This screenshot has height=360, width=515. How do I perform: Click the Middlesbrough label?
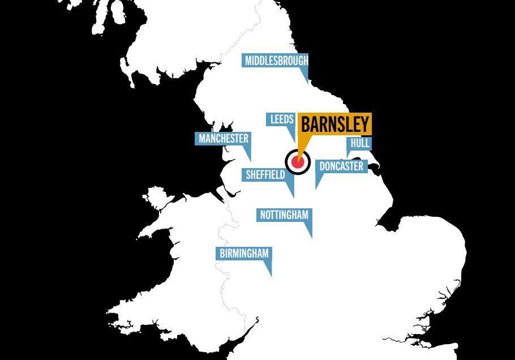(276, 61)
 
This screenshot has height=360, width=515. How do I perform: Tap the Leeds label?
(281, 119)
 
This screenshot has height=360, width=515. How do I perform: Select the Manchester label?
(223, 139)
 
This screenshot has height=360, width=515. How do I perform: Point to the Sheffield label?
(265, 175)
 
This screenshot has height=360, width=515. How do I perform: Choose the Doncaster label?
(341, 166)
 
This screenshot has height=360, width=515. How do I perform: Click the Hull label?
(360, 143)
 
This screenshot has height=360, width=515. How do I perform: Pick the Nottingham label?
(284, 215)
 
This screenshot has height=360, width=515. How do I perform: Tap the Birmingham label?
(244, 254)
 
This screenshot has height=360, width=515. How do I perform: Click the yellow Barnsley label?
(334, 125)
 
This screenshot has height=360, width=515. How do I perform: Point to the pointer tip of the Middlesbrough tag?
(308, 83)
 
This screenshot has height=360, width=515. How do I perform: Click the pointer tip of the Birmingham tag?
(271, 276)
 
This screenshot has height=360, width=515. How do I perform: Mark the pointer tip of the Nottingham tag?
(311, 238)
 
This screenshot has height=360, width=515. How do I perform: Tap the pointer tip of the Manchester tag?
(250, 161)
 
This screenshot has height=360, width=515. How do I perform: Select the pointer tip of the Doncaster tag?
(316, 188)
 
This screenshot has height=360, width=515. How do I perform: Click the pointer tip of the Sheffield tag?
(293, 198)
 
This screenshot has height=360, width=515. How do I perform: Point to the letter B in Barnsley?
(306, 125)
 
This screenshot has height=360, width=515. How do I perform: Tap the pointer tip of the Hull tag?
(348, 158)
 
